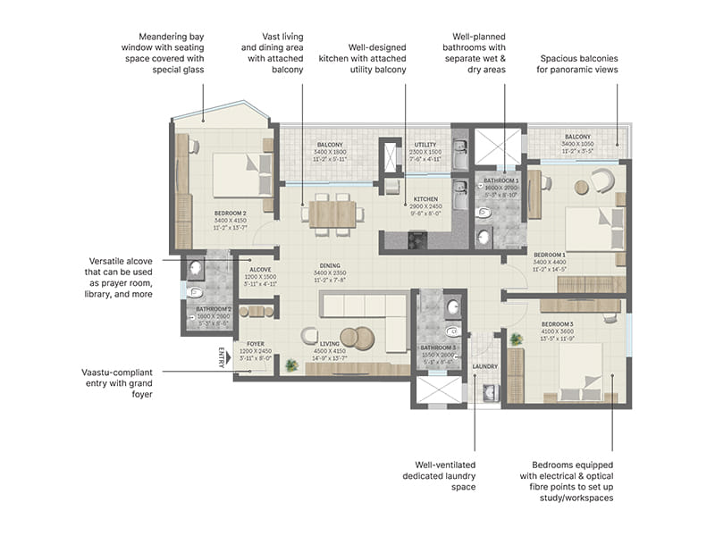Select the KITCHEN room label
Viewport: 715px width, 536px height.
[425, 199]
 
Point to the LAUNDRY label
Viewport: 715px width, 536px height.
[485, 366]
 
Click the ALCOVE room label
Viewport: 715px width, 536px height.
[260, 268]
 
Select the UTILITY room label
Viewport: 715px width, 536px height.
[425, 144]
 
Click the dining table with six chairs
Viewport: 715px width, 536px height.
[332, 214]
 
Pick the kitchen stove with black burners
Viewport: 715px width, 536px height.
[417, 239]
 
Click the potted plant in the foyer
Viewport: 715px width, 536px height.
[290, 364]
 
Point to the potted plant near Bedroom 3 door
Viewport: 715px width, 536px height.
[515, 339]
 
